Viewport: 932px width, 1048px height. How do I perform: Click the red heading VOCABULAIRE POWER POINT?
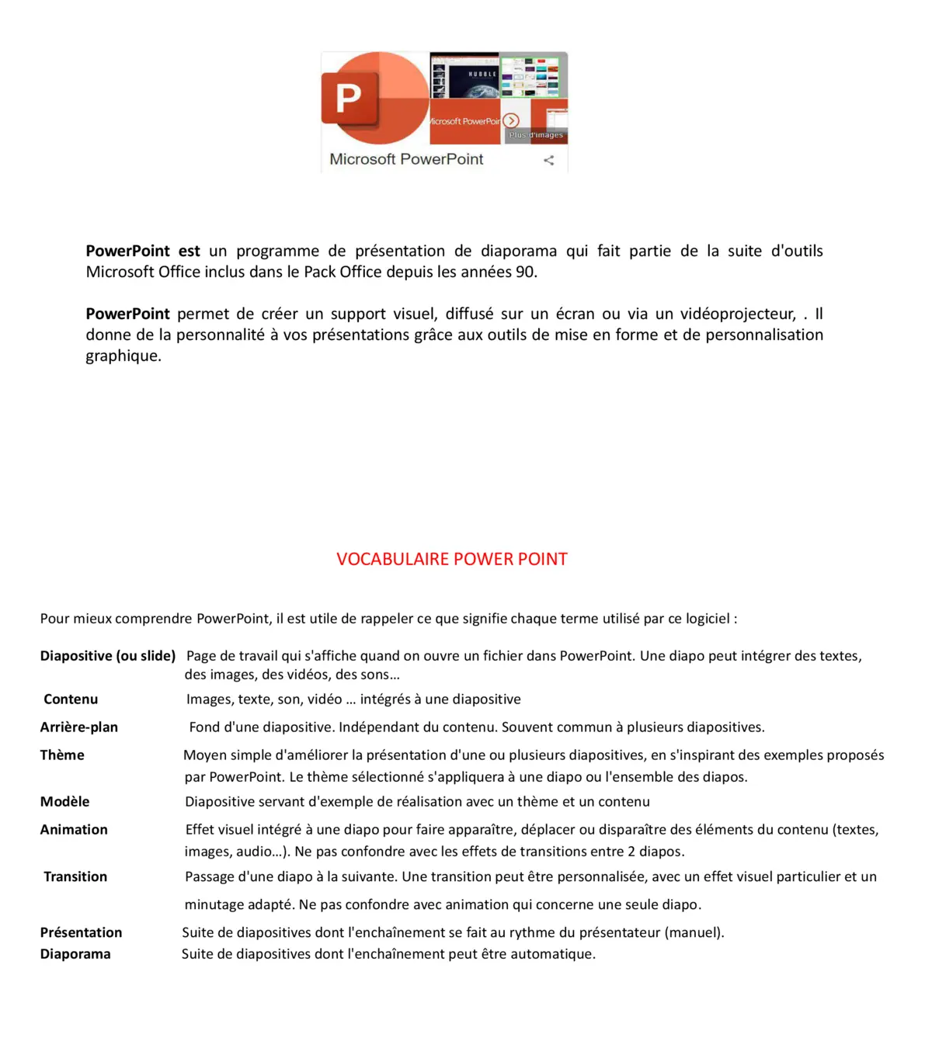click(x=451, y=559)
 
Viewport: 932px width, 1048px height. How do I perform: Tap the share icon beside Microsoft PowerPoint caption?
click(x=549, y=160)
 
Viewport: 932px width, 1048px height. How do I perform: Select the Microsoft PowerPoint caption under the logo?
click(x=406, y=159)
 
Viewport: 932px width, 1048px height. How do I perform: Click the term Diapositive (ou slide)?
click(x=108, y=656)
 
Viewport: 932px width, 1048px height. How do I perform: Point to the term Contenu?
click(x=71, y=699)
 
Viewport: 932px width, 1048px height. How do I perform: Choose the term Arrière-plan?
click(x=79, y=727)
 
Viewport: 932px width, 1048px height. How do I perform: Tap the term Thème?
click(x=62, y=755)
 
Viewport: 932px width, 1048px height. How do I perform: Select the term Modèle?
click(x=64, y=802)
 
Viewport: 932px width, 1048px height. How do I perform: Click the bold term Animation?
click(x=74, y=830)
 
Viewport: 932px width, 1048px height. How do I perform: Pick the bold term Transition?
click(x=75, y=877)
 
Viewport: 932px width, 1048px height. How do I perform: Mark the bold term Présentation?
click(x=81, y=933)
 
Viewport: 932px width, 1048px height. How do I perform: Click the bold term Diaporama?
click(x=75, y=954)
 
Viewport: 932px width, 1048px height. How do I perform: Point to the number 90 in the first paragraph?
click(x=525, y=272)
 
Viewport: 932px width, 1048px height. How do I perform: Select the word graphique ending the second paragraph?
click(x=123, y=356)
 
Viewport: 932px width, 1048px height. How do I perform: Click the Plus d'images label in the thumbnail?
click(x=536, y=135)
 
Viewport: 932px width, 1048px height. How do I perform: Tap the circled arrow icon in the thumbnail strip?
click(x=511, y=120)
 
